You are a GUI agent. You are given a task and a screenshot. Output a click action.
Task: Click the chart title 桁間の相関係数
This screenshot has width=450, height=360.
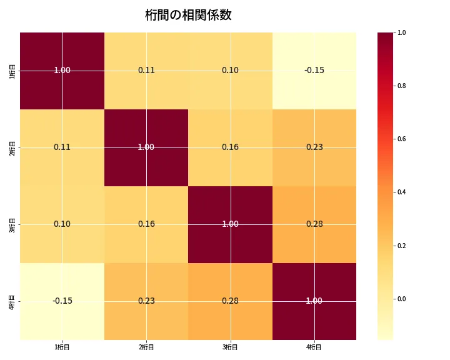[x=188, y=15]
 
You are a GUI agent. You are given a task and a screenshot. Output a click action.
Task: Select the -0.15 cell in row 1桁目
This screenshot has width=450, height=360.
[x=314, y=71]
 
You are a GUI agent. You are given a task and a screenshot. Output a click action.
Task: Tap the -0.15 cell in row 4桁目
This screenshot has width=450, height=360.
[x=62, y=301]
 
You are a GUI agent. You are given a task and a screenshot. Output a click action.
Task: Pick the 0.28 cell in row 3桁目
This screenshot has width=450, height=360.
[x=314, y=224]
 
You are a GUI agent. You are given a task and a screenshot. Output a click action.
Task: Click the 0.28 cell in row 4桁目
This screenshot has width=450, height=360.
[x=230, y=301]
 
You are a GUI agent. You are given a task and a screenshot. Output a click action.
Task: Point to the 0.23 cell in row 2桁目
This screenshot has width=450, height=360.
[x=314, y=147]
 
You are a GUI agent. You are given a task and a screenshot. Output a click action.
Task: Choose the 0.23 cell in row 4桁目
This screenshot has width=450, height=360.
[x=146, y=301]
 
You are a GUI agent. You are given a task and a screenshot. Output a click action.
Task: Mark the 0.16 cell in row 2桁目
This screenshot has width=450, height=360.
[x=230, y=147]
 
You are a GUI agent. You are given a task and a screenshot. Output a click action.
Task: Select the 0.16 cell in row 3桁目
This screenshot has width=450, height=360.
[x=146, y=224]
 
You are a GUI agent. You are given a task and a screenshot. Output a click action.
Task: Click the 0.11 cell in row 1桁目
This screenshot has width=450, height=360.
[x=146, y=71]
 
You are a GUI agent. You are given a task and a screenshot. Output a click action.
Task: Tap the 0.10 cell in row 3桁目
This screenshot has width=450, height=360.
[x=62, y=224]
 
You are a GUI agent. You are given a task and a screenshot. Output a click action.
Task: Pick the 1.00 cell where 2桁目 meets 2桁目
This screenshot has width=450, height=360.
[x=146, y=147]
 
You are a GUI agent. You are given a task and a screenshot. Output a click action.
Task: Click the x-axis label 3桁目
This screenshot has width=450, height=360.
[x=230, y=347]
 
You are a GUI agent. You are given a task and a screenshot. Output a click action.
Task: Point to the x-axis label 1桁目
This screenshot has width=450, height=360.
[x=62, y=347]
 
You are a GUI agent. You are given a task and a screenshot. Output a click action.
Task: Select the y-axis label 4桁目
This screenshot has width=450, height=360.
[x=12, y=301]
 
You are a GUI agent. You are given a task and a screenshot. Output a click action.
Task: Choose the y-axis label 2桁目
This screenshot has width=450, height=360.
[x=12, y=147]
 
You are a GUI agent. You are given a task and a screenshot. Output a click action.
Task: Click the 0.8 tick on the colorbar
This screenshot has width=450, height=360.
[x=401, y=86]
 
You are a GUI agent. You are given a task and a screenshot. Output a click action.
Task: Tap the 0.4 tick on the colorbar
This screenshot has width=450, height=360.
[x=401, y=192]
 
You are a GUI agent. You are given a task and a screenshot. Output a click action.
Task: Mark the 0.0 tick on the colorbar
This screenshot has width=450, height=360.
[x=401, y=299]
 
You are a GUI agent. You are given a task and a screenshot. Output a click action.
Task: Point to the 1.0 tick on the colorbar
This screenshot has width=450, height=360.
[x=401, y=32]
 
